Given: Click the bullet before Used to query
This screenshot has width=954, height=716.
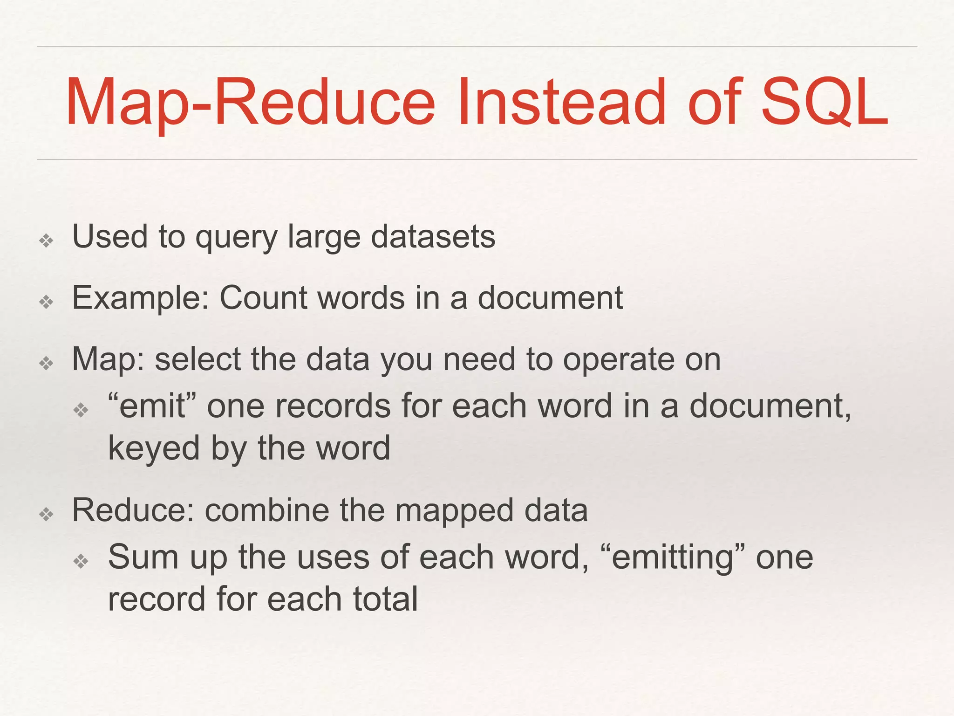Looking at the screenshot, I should pos(46,241).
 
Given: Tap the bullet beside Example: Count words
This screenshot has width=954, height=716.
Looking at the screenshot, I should pos(46,302).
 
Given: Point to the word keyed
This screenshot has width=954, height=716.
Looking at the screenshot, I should pos(154,448).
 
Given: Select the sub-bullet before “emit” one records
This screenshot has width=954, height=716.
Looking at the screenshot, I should pos(81,410).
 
